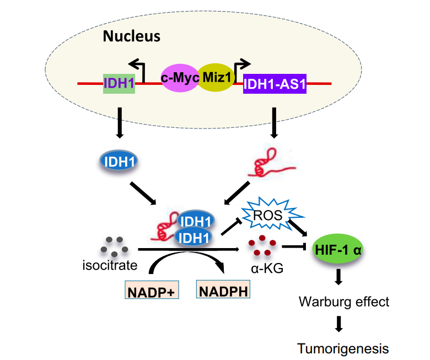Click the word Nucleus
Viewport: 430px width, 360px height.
tap(132, 37)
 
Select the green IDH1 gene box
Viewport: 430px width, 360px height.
tap(119, 83)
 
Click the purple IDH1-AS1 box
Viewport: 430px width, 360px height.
tap(274, 83)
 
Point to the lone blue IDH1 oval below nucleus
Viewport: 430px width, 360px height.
tap(119, 162)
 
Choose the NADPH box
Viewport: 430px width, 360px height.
tap(223, 288)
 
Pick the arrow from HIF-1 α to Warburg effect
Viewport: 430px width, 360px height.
tap(338, 278)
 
